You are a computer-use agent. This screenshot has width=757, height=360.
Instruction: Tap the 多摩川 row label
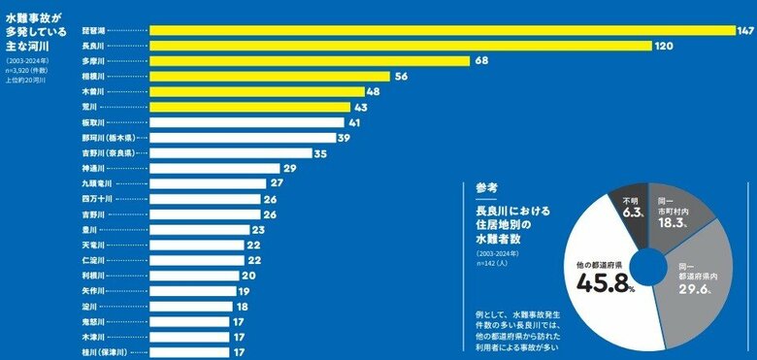pyautogui.click(x=94, y=61)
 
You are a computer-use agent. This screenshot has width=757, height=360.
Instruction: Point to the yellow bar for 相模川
pyautogui.click(x=271, y=77)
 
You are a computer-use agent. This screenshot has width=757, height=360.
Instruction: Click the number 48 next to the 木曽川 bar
pyautogui.click(x=373, y=92)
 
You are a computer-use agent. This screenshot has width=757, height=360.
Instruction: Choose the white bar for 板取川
pyautogui.click(x=248, y=122)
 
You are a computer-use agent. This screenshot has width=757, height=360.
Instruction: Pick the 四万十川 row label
pyautogui.click(x=97, y=199)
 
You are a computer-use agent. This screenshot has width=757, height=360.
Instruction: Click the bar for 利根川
pyautogui.click(x=194, y=276)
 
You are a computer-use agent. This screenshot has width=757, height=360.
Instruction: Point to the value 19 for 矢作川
pyautogui.click(x=243, y=291)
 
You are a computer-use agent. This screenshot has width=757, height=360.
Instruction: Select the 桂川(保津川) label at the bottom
pyautogui.click(x=108, y=352)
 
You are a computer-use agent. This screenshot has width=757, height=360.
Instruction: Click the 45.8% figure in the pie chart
pyautogui.click(x=602, y=283)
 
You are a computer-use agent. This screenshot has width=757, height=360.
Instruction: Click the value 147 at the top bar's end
pyautogui.click(x=745, y=30)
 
